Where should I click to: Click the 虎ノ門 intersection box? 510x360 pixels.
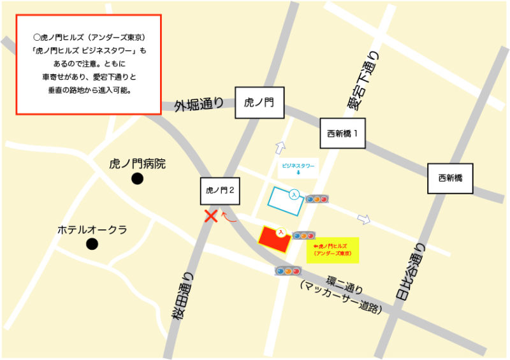coord(259,103)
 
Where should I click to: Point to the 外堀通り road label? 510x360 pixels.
coord(199,104)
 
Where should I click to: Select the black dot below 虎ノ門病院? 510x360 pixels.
coord(137,179)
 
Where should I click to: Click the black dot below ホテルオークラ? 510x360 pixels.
coord(92,243)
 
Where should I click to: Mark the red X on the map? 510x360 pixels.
coord(210,216)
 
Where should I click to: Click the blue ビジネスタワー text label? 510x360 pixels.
coord(298,166)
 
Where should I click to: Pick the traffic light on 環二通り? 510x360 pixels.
coord(288,271)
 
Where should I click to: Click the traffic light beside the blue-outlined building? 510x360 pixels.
coord(317,199)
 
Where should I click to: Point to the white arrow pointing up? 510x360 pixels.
coord(280,148)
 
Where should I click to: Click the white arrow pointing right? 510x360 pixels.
coord(364,220)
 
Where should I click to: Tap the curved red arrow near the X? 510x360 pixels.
coord(229,219)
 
